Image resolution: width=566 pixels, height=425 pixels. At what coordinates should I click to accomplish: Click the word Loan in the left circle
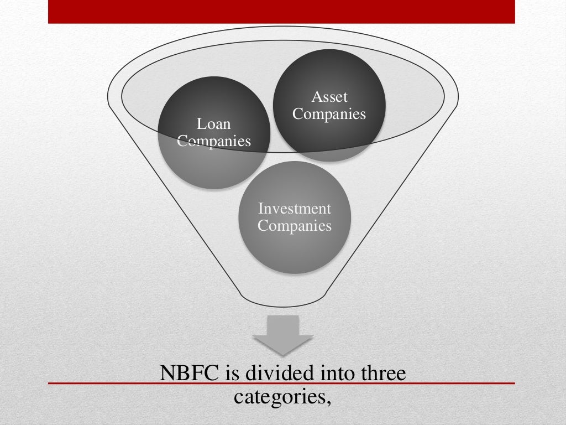click(x=214, y=123)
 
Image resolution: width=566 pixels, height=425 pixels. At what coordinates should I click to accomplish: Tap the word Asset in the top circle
click(x=329, y=97)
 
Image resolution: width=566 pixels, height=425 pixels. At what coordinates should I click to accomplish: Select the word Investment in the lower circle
click(x=295, y=209)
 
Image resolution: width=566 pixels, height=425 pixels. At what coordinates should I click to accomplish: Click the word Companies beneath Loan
click(x=214, y=141)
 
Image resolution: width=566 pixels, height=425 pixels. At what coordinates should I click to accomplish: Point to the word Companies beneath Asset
click(x=329, y=114)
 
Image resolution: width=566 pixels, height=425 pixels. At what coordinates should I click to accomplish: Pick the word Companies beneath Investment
click(x=295, y=226)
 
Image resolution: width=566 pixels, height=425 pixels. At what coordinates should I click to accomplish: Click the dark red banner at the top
click(x=281, y=12)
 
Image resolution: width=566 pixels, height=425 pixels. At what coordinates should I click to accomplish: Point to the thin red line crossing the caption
click(x=99, y=383)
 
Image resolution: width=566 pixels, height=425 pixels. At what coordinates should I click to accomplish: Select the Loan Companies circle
click(x=214, y=160)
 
